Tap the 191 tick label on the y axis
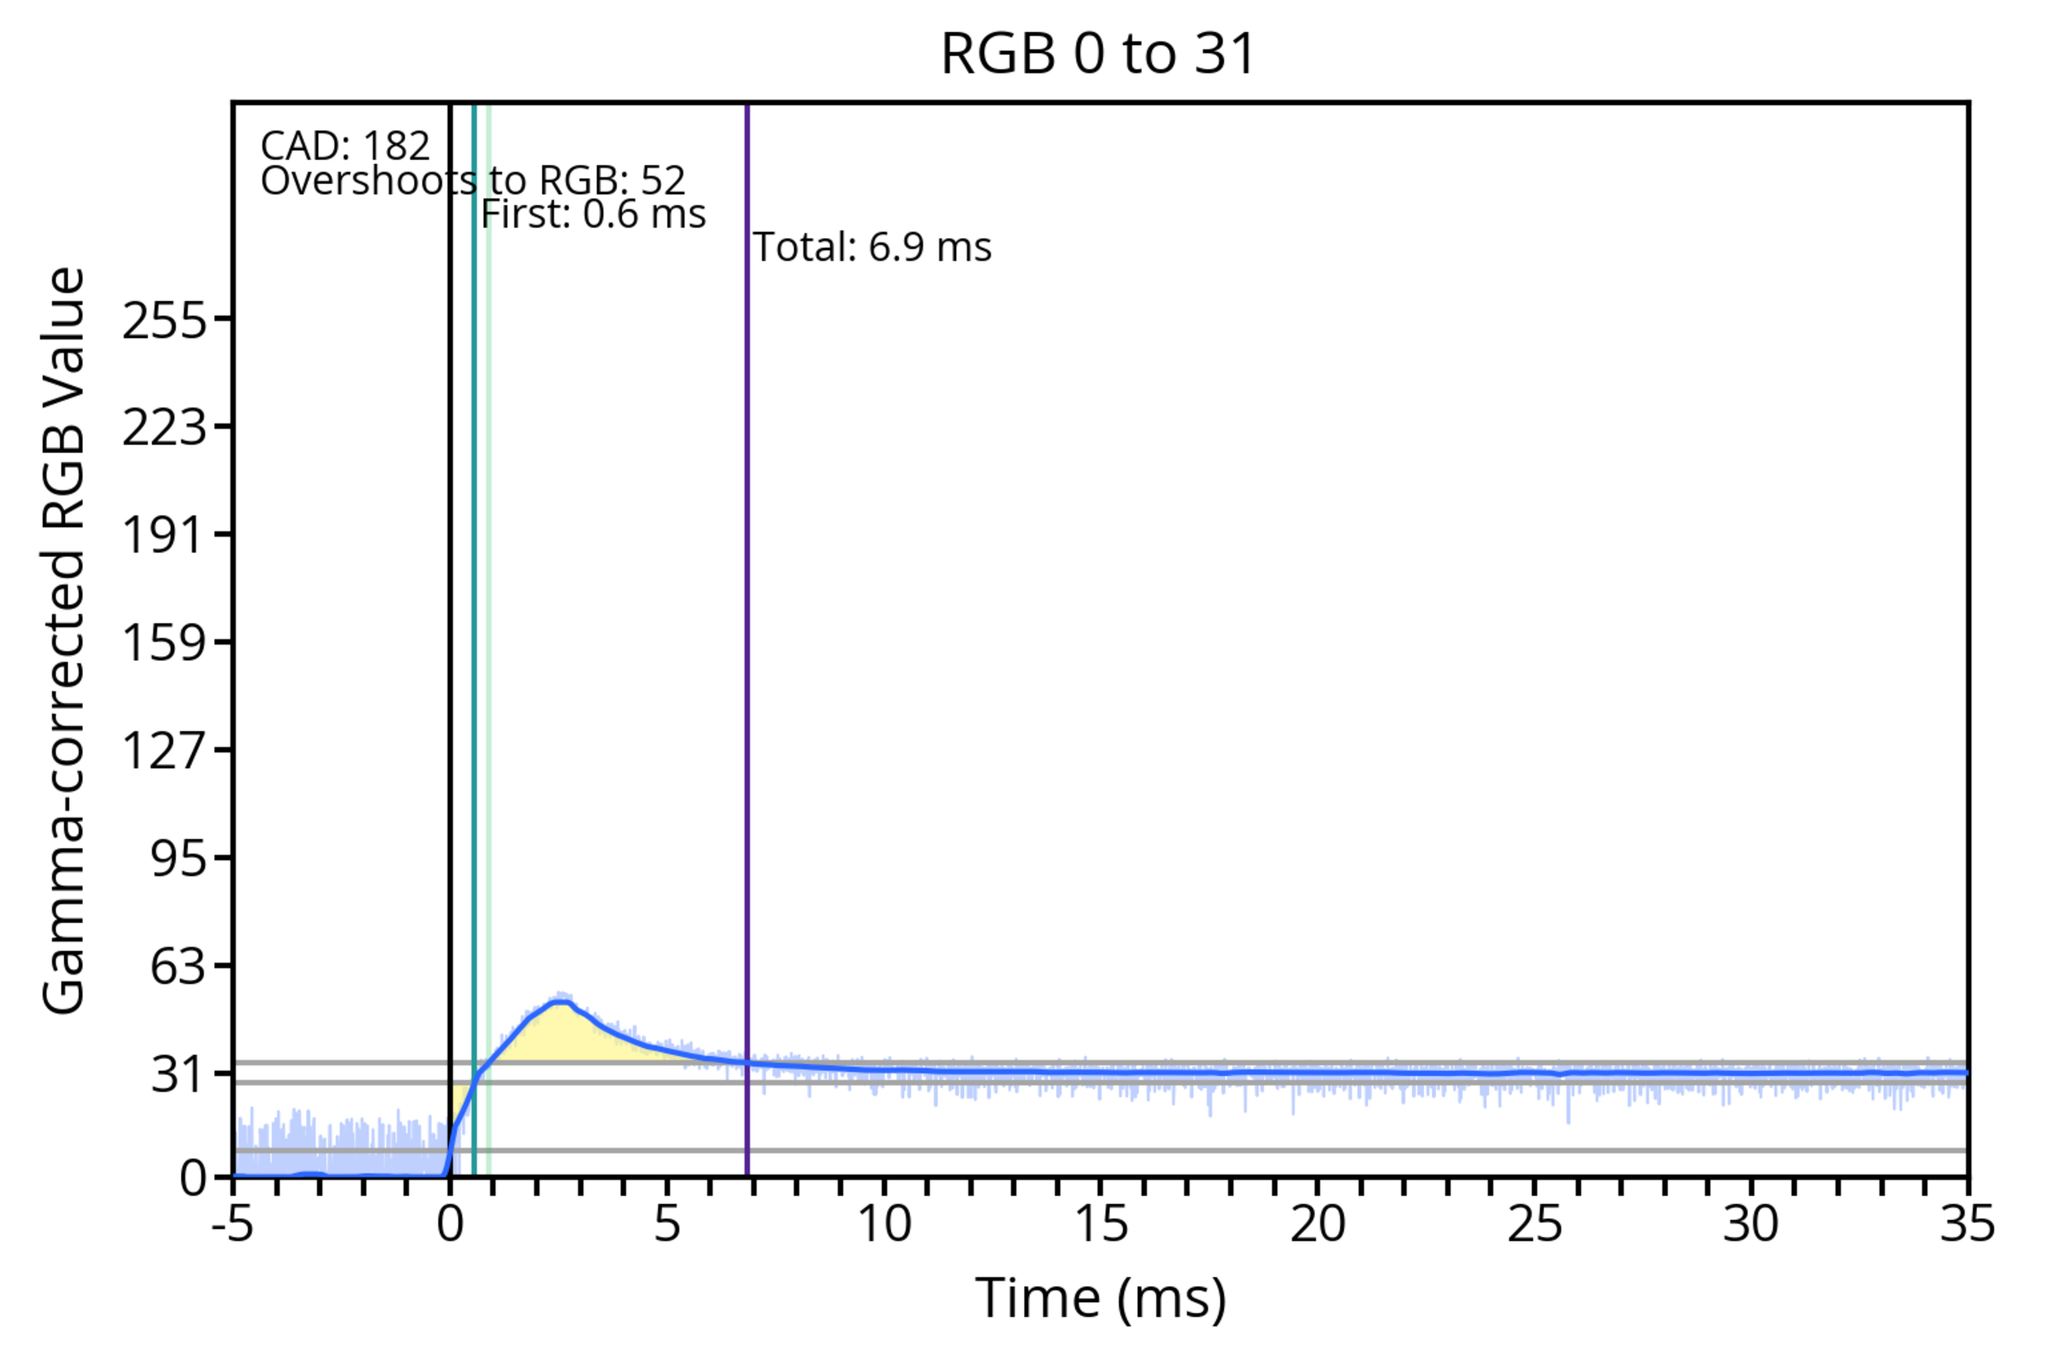tap(165, 535)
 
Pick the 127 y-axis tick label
tap(165, 750)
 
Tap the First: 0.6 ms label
tap(594, 214)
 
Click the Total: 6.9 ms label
tap(872, 248)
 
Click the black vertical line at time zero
tap(450, 604)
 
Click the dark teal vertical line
tap(474, 604)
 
